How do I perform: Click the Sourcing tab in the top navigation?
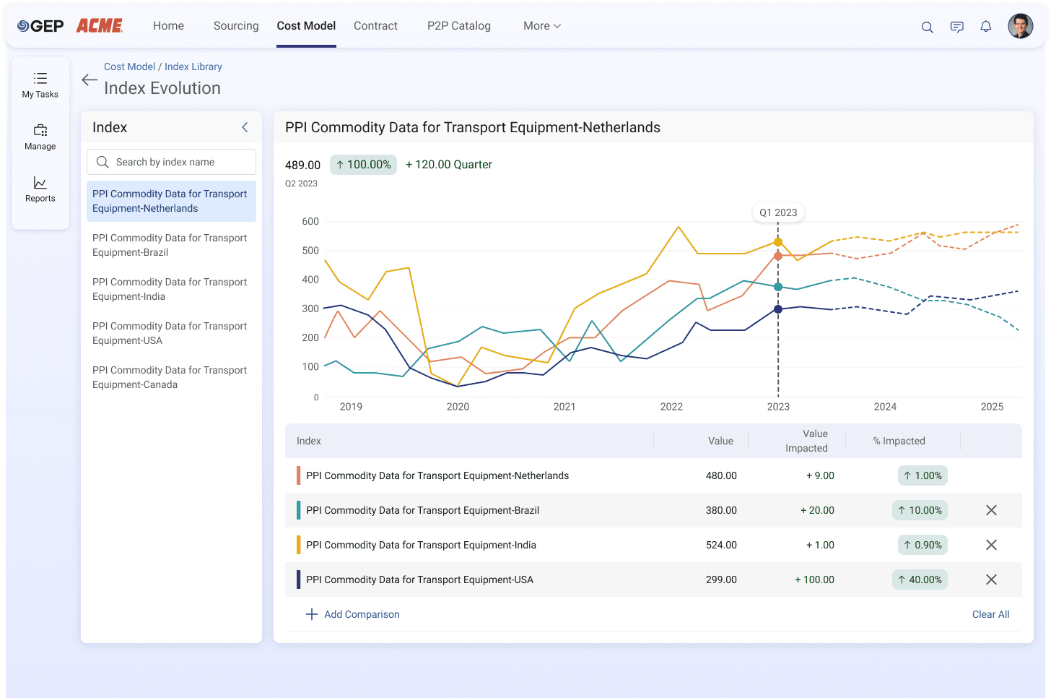(x=236, y=26)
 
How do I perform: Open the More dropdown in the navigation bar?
(x=542, y=26)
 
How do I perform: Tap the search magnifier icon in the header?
(x=927, y=27)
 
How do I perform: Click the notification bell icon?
(x=986, y=26)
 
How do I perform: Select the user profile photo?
(x=1020, y=26)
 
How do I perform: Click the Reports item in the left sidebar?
(x=40, y=189)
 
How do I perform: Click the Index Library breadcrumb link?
(x=193, y=66)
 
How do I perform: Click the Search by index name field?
(x=171, y=162)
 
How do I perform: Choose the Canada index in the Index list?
(x=170, y=377)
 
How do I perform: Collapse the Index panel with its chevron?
(x=245, y=127)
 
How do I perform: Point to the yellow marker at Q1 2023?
(x=778, y=242)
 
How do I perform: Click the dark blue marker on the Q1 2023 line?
(x=778, y=309)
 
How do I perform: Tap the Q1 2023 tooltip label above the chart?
(x=778, y=212)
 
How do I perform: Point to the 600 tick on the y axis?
(x=310, y=221)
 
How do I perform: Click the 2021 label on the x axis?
(x=564, y=407)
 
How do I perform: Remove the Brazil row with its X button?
(x=991, y=510)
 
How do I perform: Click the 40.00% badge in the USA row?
(x=920, y=579)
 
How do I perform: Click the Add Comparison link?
(x=352, y=614)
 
